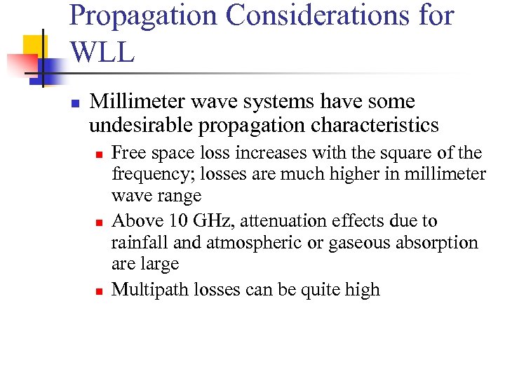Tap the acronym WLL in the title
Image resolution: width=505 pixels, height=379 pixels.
click(102, 52)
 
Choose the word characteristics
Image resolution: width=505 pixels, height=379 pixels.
click(368, 126)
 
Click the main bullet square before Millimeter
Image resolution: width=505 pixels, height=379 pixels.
click(76, 104)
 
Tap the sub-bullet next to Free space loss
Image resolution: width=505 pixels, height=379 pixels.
click(100, 154)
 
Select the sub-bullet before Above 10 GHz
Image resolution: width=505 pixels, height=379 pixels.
click(100, 222)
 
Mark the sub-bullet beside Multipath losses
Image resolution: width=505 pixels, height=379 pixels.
click(100, 291)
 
